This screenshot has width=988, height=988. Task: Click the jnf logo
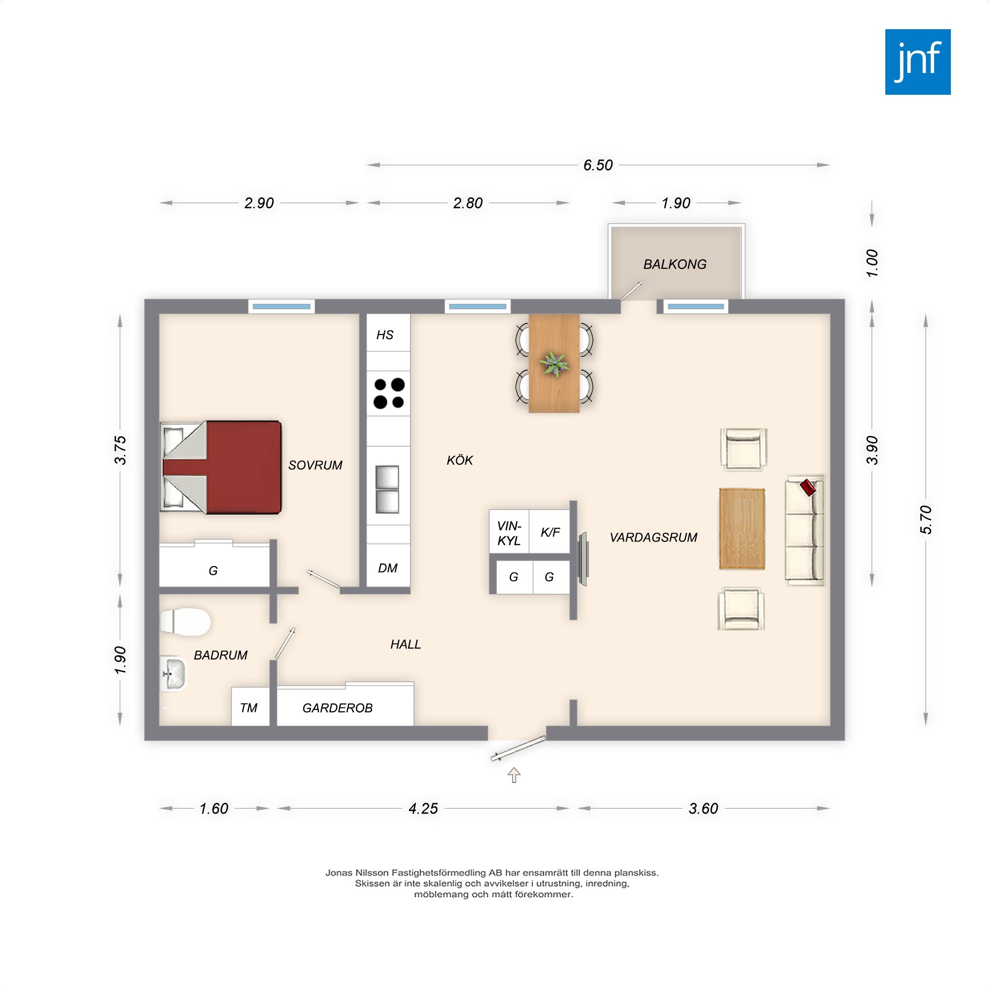coord(918,62)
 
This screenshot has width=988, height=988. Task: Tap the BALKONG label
coord(674,264)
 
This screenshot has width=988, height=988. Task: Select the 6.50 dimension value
coord(598,165)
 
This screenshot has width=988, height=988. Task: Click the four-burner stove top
coord(389,393)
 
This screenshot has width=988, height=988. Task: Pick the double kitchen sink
coord(387,490)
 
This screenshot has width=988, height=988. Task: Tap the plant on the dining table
coord(554,364)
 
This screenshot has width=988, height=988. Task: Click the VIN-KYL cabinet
coord(509,532)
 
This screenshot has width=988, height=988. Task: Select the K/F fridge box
coord(550,532)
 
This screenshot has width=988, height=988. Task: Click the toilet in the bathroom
coord(185,622)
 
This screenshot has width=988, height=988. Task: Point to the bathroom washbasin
coord(173,673)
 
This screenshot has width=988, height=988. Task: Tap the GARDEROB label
coord(337,708)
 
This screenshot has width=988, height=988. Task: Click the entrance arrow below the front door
coord(514,775)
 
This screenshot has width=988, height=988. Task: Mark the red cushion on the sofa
coord(808,487)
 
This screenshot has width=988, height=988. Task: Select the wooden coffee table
coord(742,529)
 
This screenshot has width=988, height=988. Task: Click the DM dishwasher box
coord(388,566)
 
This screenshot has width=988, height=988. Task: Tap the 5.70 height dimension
coord(926,520)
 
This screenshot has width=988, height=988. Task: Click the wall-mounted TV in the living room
coord(582,558)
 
